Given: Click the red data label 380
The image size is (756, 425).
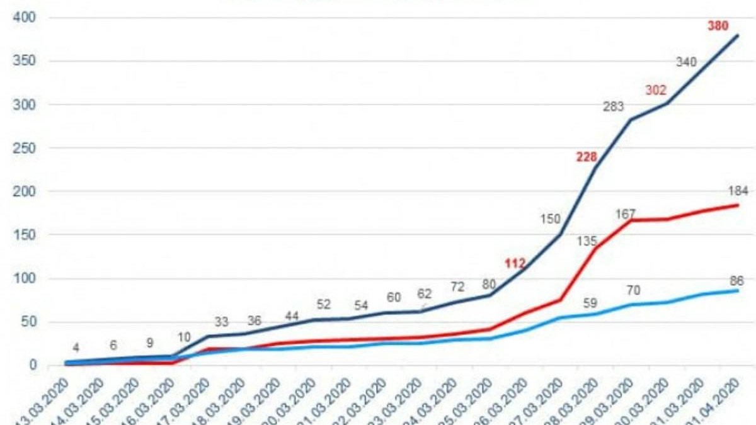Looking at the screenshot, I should click(718, 26).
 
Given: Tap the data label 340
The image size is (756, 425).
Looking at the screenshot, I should click(686, 62).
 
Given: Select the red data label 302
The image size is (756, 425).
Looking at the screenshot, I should click(655, 90).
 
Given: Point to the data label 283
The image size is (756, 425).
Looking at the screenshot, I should click(613, 107).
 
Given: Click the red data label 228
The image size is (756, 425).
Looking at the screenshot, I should click(587, 157).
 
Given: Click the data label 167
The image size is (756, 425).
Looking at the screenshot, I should click(626, 214).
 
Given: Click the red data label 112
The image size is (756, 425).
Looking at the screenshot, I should click(515, 264).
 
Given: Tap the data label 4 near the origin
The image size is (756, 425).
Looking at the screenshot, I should click(76, 347).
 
